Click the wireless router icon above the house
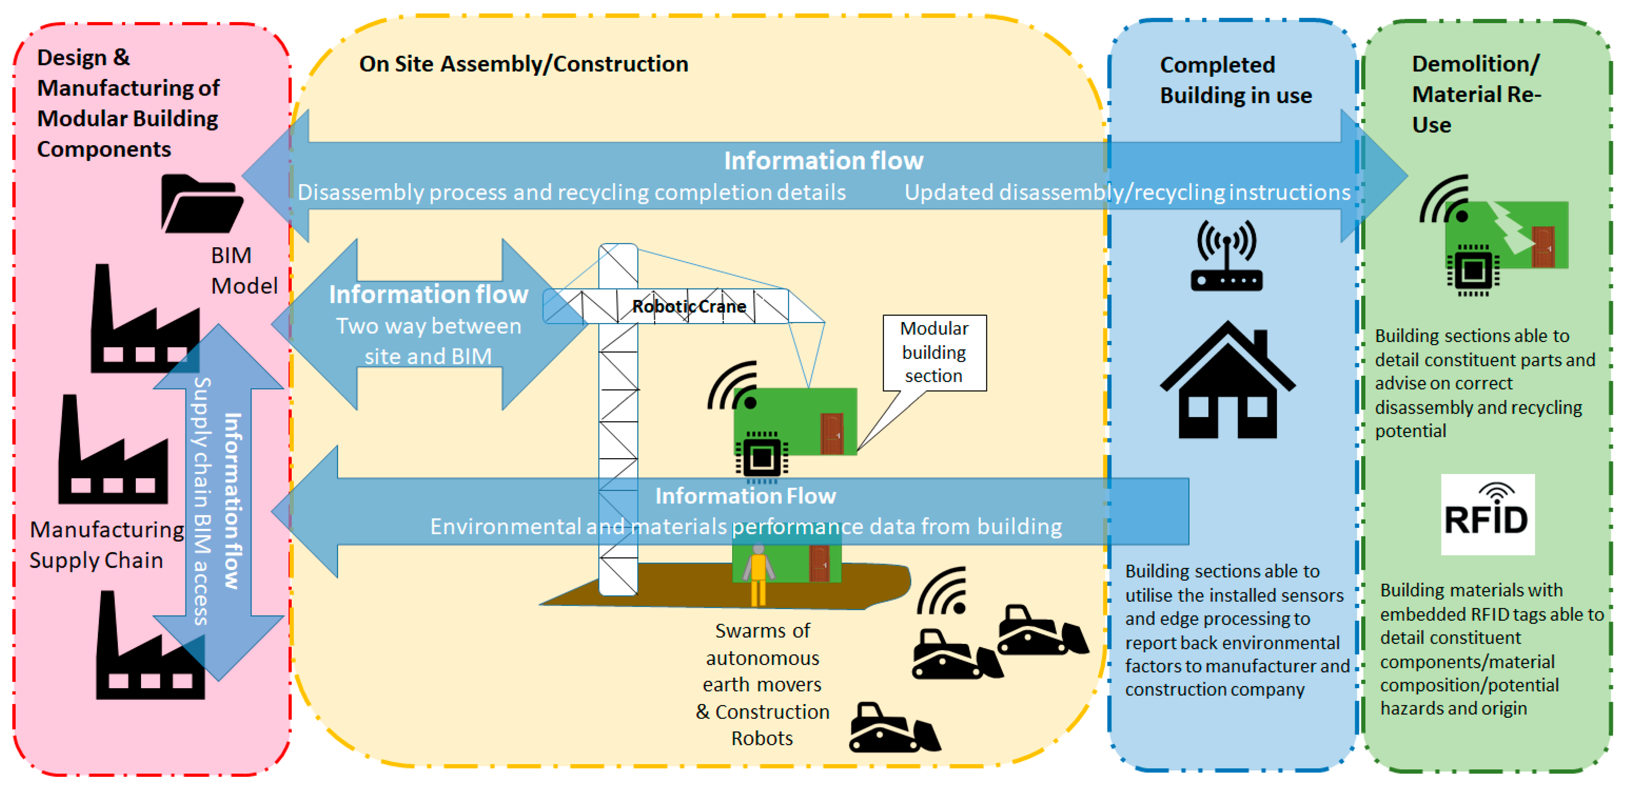point(1227,256)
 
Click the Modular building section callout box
point(934,352)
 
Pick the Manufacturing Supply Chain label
point(106,545)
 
